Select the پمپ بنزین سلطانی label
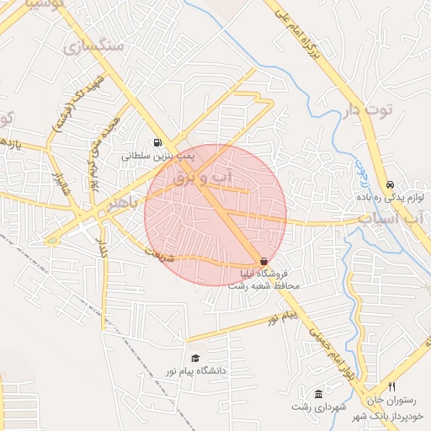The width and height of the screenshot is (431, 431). tap(158, 156)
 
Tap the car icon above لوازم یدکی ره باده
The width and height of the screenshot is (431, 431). tap(390, 184)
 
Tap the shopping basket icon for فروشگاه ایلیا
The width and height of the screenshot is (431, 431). tap(264, 262)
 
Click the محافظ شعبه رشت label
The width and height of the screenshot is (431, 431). tap(263, 285)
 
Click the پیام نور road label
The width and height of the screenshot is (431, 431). tap(284, 317)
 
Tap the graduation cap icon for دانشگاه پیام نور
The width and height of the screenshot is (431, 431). tap(196, 357)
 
